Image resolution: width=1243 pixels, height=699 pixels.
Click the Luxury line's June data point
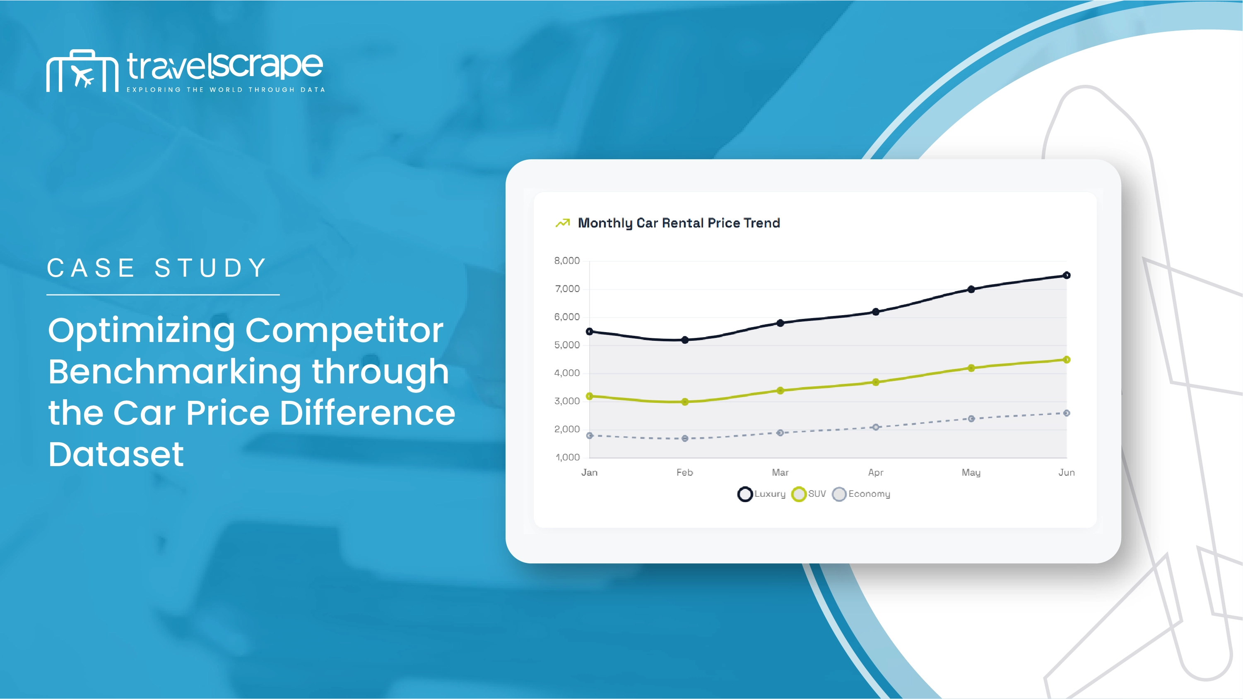tap(1066, 275)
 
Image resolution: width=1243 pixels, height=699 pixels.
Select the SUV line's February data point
tap(685, 402)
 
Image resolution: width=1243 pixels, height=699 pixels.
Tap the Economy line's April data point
tap(876, 427)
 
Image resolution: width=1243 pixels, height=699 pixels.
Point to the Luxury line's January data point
tap(589, 332)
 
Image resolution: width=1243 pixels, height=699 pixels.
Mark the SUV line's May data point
tap(971, 368)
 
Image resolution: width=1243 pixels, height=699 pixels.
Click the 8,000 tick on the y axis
tap(567, 261)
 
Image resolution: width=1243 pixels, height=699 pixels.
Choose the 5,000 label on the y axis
tap(567, 345)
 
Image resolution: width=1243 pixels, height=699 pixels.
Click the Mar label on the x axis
tap(780, 472)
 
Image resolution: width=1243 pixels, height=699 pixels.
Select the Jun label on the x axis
tap(1066, 472)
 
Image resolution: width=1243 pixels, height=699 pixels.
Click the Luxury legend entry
tap(761, 494)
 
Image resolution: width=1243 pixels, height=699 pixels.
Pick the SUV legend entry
tap(809, 494)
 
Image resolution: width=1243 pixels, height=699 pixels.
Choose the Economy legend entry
tap(861, 494)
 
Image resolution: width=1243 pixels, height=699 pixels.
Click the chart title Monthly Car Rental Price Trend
tap(679, 223)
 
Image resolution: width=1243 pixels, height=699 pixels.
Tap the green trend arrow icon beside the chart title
tap(563, 223)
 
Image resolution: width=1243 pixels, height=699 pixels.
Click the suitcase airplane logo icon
tap(82, 70)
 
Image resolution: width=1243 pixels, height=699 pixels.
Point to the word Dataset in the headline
tap(116, 454)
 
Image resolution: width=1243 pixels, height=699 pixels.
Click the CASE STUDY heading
tap(157, 268)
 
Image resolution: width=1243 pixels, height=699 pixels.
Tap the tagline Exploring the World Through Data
tap(226, 90)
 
